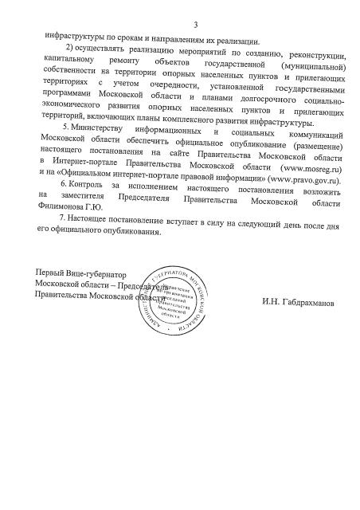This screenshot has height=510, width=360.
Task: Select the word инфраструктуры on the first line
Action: tap(78, 37)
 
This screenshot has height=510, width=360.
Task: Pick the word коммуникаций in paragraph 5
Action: tap(315, 127)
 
